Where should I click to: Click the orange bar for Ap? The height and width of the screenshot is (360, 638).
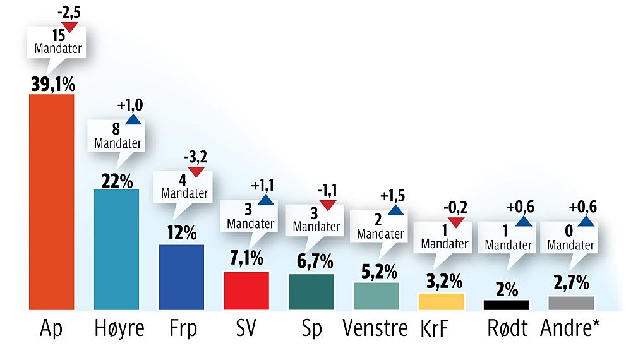pos(52,202)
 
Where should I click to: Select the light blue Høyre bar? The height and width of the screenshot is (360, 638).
pos(116,249)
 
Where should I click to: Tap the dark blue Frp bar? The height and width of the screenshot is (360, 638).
pos(181,277)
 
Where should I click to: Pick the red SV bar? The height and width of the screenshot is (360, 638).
pos(246,291)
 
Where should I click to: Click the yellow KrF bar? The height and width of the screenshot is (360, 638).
pos(441,301)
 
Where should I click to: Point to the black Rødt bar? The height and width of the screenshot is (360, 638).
pos(505,304)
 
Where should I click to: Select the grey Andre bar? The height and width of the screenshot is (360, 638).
pos(570,303)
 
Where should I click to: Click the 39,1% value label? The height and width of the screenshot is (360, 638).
pos(52,83)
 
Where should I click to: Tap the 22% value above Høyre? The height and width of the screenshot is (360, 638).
pos(117,180)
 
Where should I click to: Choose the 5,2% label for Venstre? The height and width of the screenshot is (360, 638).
pos(376,272)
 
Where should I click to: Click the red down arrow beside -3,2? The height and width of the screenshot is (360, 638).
pos(196,172)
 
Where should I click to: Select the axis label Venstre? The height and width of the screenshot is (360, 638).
pos(375,328)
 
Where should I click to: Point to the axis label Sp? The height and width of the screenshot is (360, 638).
pos(311,328)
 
